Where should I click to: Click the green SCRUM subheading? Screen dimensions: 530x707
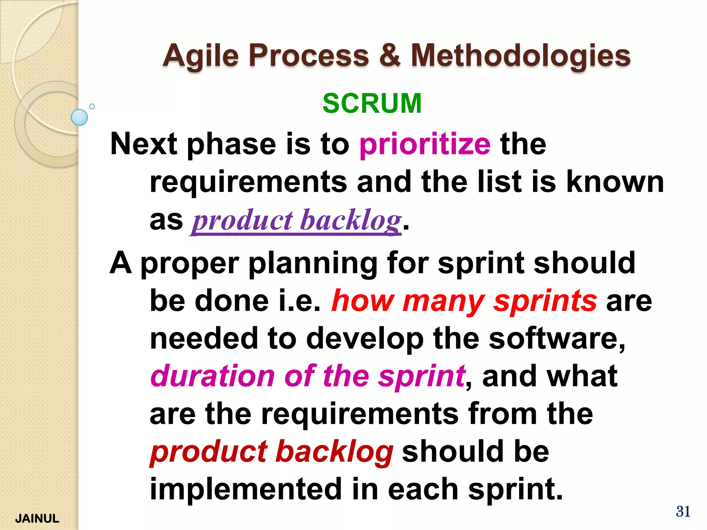tap(372, 103)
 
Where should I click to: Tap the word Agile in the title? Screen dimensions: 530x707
tap(201, 56)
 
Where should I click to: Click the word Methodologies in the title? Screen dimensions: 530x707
tap(520, 56)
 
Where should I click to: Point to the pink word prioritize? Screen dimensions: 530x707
tap(425, 144)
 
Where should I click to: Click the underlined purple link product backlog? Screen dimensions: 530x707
tap(297, 220)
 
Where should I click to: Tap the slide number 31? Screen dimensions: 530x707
tap(683, 511)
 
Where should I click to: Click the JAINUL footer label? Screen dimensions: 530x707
tap(37, 518)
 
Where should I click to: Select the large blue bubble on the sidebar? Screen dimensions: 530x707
tap(79, 117)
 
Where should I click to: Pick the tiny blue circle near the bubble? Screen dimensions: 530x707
tap(92, 106)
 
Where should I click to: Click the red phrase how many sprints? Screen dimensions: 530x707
tap(464, 301)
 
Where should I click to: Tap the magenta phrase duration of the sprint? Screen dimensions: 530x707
tap(308, 376)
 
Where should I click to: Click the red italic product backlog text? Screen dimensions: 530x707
tap(271, 452)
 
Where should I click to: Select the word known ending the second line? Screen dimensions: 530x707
tap(615, 182)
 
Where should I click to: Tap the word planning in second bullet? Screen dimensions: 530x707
tap(313, 263)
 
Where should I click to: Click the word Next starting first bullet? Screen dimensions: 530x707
tap(144, 144)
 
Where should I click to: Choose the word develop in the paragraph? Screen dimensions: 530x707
tap(365, 339)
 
